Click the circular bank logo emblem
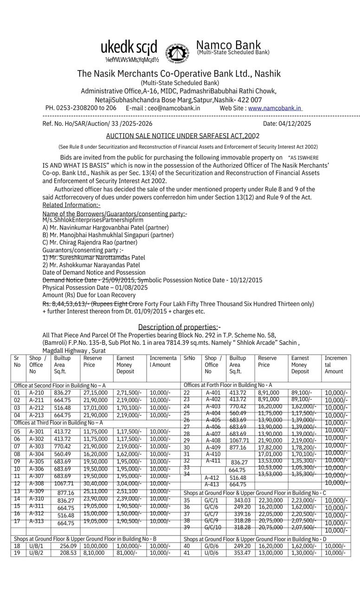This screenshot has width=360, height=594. (x=177, y=53)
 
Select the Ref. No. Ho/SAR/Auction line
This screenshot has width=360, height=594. (x=97, y=123)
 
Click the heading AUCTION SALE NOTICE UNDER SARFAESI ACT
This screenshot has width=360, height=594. (x=182, y=136)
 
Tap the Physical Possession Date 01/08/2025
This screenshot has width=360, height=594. (x=95, y=287)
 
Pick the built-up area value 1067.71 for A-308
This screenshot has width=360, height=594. (x=64, y=484)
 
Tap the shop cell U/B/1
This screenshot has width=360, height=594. (x=36, y=546)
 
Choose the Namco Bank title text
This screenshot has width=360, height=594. (x=228, y=45)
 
